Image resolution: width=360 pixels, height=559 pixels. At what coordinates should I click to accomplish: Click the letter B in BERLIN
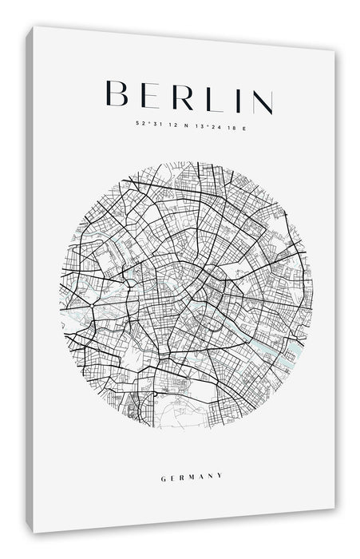118,94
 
